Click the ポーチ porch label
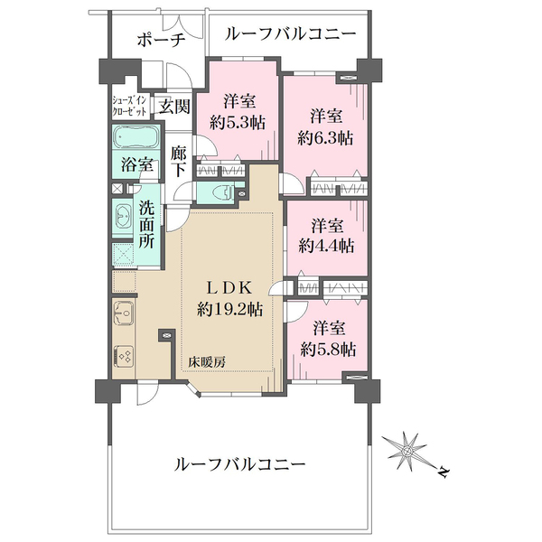161,40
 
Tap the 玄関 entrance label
174,106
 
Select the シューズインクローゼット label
129,106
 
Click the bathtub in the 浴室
135,137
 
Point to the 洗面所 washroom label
147,225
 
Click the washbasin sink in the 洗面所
122,218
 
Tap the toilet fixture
222,192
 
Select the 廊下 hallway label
178,162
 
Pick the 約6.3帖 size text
325,138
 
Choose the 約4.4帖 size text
326,246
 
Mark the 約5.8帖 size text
328,350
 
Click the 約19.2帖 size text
229,309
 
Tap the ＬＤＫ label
229,287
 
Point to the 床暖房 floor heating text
207,362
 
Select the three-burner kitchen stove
123,356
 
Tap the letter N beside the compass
444,472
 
